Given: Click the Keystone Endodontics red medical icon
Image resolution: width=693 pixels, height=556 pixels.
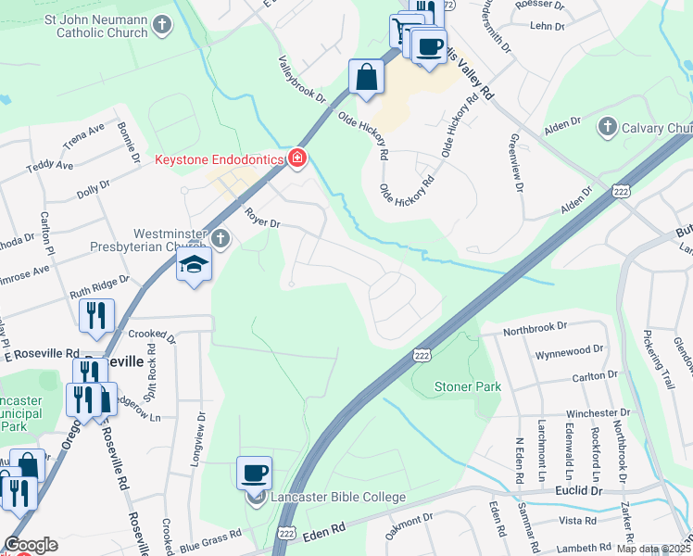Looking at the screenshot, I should [x=296, y=158].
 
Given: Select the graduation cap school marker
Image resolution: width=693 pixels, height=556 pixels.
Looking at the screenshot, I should [x=194, y=266].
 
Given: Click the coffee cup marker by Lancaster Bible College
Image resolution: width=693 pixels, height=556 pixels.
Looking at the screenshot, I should [x=254, y=474].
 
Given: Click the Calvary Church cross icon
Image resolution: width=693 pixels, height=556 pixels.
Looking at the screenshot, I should [x=608, y=127].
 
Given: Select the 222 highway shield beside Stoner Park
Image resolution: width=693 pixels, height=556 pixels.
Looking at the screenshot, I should [x=422, y=355].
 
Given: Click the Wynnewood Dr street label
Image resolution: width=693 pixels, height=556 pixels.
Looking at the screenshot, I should [x=566, y=353].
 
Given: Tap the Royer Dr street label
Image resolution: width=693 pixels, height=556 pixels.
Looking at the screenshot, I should [x=262, y=219].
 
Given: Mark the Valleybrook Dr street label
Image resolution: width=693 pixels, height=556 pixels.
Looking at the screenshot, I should [x=303, y=80].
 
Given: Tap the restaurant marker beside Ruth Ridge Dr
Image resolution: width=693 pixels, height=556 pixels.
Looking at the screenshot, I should [x=96, y=315].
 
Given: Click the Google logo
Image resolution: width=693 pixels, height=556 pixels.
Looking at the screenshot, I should [x=30, y=545].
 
